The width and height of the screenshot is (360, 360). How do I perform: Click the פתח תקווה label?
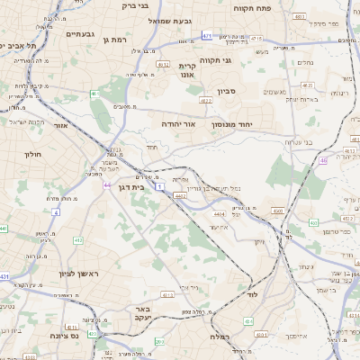(x=252, y=7)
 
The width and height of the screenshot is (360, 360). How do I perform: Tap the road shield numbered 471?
(x=207, y=36)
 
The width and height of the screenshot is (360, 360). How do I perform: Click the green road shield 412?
(x=167, y=294)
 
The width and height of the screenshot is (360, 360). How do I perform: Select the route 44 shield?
(x=107, y=184)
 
